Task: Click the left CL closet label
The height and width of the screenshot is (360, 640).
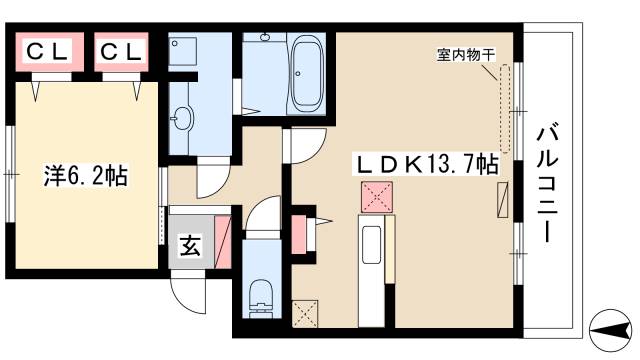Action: point(47,50)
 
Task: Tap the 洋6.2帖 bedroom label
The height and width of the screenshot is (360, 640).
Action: point(85,174)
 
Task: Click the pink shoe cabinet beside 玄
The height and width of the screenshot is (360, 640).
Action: point(222,240)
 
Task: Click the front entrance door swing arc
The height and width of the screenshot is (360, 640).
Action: point(190,293)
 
